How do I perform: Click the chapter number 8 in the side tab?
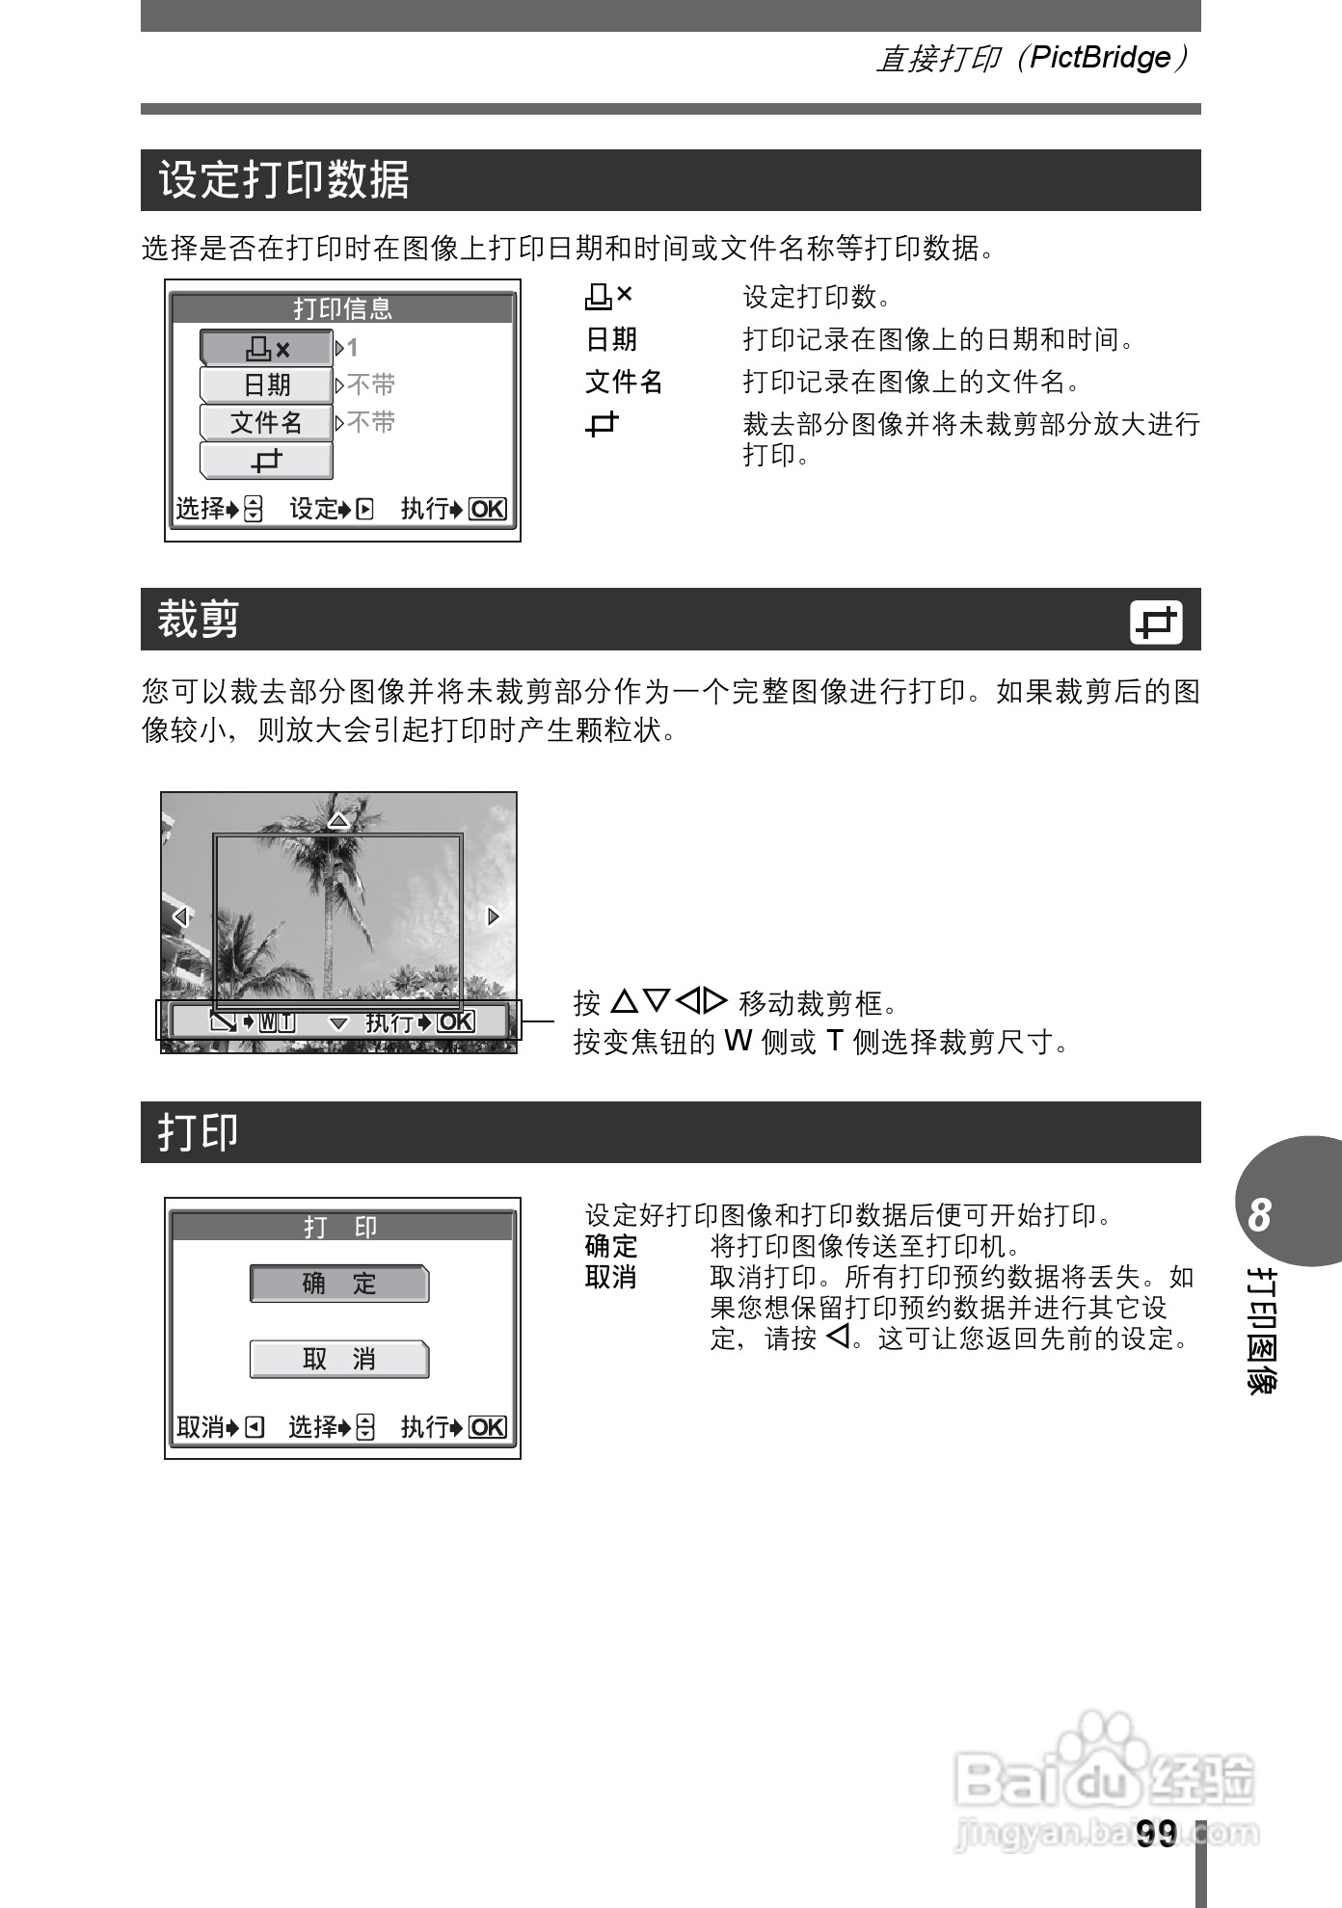click(1259, 1215)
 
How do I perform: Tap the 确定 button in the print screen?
click(338, 1284)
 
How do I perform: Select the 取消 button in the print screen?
click(338, 1359)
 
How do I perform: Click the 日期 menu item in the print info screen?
click(266, 384)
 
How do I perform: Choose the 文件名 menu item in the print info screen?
click(266, 422)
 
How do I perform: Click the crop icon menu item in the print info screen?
click(266, 461)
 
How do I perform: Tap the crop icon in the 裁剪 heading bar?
click(1156, 622)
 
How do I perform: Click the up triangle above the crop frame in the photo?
click(338, 821)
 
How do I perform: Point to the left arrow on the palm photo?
click(179, 915)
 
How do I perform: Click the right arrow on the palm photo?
click(494, 915)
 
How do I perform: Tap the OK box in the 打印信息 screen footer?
click(487, 509)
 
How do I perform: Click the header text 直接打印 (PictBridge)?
click(1032, 58)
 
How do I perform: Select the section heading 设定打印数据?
click(283, 180)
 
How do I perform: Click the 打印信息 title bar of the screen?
click(342, 308)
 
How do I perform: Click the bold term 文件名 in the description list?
click(624, 382)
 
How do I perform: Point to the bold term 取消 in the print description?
click(610, 1277)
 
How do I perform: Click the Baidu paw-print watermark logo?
click(1103, 1749)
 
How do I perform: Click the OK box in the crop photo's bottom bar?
click(456, 1021)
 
